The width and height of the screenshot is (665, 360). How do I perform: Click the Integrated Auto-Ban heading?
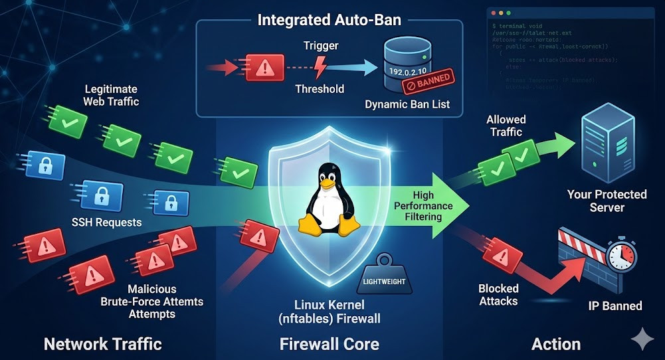[x=330, y=19]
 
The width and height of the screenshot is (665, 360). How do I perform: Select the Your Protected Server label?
[x=607, y=201]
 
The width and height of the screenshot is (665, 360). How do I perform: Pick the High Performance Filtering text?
[x=423, y=206]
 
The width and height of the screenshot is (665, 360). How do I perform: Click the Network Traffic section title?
[x=102, y=343]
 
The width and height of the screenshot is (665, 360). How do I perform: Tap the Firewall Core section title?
[x=330, y=343]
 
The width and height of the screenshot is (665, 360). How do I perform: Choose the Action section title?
[x=556, y=343]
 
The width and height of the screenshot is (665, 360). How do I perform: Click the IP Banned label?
[x=615, y=306]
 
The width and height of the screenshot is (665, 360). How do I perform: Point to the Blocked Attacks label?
[x=498, y=295]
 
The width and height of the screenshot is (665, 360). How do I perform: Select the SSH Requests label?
[x=108, y=223]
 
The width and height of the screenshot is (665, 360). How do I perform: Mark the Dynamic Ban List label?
[x=407, y=104]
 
